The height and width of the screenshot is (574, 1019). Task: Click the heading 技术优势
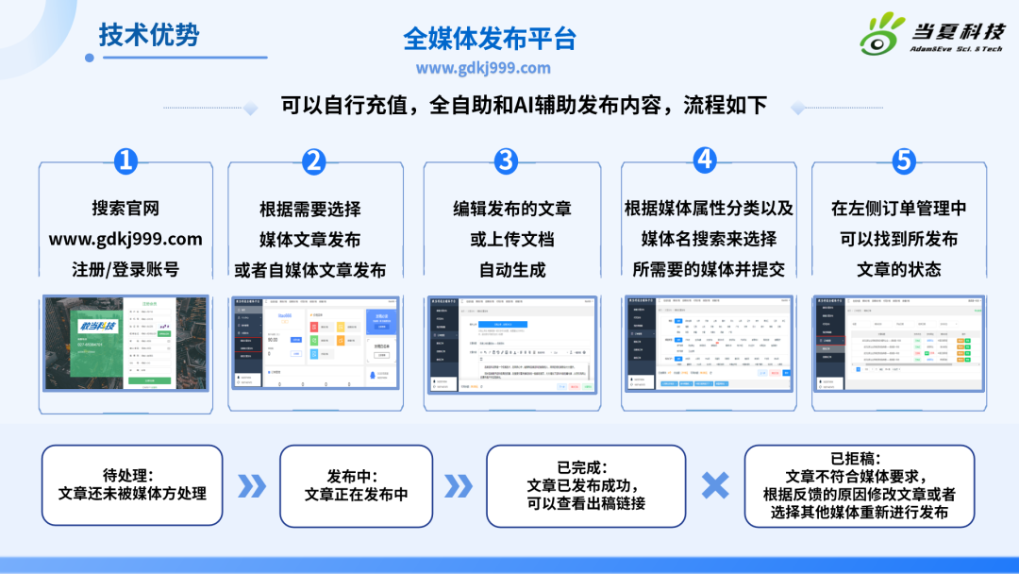149,35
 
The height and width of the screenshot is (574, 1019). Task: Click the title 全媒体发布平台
489,39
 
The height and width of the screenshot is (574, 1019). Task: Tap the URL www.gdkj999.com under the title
482,68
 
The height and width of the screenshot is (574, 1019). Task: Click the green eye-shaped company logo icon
882,35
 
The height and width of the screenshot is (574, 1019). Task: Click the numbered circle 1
125,160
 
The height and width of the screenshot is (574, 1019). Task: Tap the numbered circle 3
507,160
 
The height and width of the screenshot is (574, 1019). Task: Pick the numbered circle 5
904,160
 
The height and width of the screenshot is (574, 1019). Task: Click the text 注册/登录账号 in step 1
125,269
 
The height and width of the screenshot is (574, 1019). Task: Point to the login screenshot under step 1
125,343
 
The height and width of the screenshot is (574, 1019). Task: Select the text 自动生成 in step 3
511,269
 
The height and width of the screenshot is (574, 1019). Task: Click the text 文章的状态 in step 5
898,269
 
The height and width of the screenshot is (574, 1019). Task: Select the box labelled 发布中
356,485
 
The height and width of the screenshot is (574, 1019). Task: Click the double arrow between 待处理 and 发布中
251,486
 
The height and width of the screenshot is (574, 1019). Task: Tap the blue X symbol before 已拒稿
715,485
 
